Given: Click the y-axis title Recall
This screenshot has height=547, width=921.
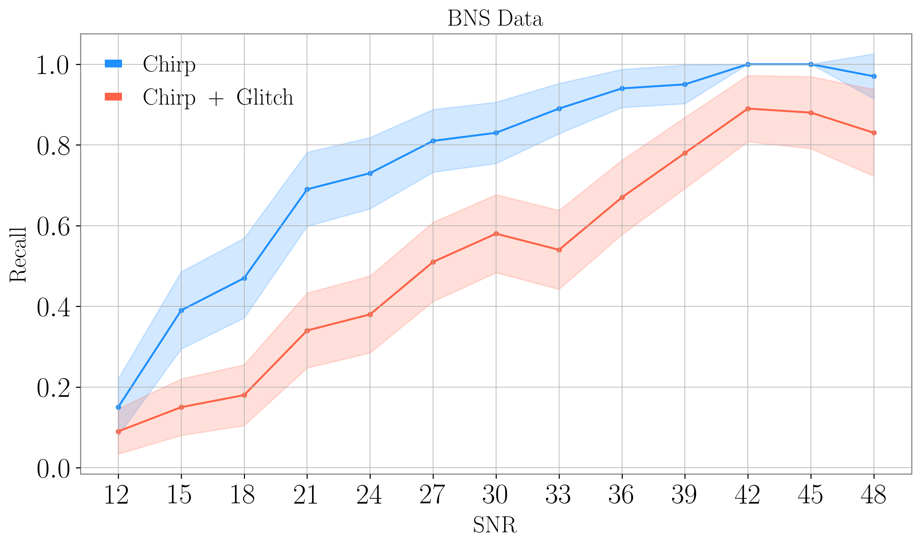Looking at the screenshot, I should point(18,255).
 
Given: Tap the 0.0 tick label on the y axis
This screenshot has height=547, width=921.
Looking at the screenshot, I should point(53,470).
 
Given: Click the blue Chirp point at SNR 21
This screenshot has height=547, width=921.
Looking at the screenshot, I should point(307,190).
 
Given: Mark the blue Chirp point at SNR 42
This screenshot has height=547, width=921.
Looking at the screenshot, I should point(748,65).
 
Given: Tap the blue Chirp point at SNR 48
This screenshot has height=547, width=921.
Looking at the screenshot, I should point(874,76).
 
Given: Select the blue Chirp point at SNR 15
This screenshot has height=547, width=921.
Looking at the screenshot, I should point(181,310).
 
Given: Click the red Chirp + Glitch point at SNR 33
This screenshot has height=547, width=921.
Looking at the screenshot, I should point(559,250).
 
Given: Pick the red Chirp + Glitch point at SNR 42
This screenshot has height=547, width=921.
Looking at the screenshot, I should point(748,109).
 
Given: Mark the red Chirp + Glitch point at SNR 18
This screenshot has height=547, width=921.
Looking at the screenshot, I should point(244,395).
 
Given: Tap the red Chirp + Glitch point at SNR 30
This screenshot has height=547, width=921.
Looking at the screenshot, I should point(496,234).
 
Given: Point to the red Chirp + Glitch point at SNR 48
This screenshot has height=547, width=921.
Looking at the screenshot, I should point(874,133).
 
